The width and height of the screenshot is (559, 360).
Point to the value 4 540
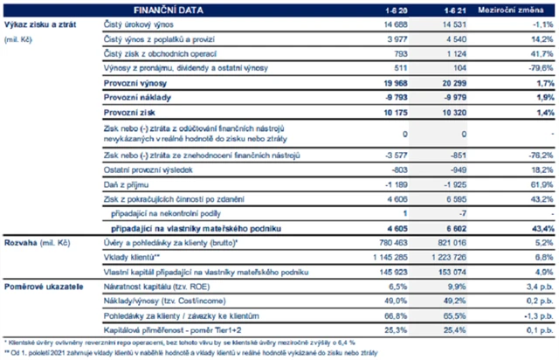pos(455,38)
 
